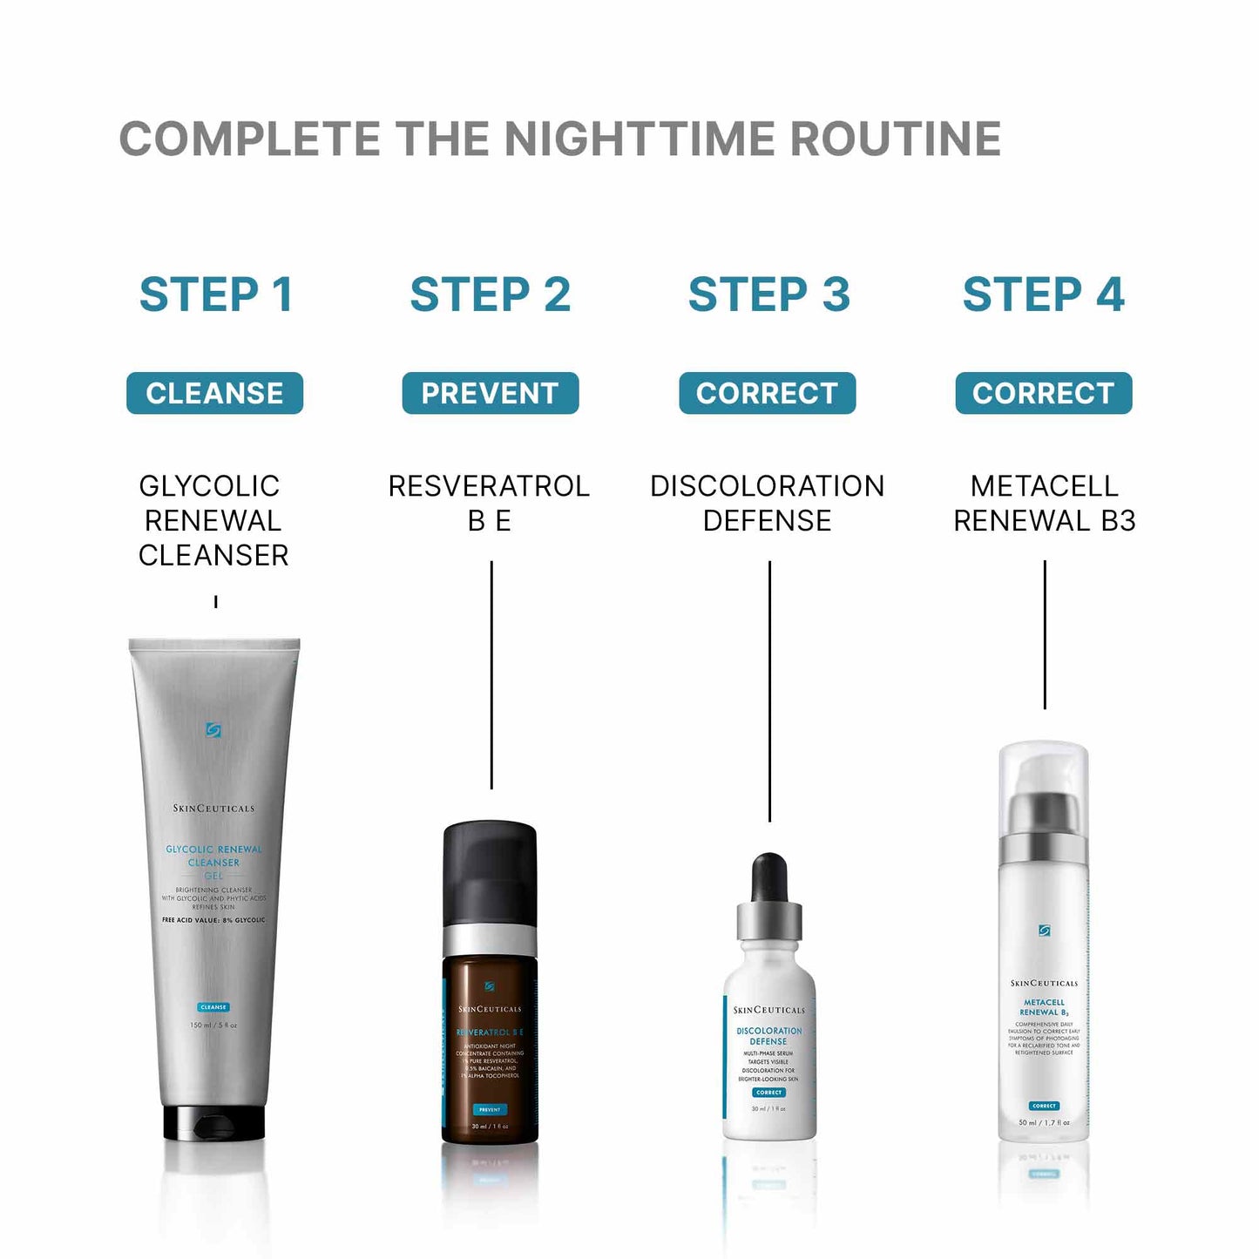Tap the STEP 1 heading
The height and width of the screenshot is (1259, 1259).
coord(215,294)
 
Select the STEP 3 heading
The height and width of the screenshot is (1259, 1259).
coord(768,294)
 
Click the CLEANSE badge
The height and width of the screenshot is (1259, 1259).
coord(214,393)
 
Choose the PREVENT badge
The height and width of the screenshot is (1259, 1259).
coord(490,393)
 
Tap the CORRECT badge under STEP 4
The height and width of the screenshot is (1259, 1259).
coord(1043,393)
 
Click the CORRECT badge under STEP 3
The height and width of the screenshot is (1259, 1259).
coord(767,393)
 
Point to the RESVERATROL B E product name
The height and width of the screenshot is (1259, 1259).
coord(489,503)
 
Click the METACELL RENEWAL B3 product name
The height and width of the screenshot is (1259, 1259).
coord(1044,503)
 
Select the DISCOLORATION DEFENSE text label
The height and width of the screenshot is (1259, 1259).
coord(767,503)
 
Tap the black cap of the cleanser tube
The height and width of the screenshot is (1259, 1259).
coord(213,1124)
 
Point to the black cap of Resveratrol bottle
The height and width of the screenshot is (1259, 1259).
coord(490,871)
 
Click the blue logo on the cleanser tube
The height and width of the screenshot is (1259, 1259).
coord(213,730)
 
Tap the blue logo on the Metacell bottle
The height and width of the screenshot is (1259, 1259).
coord(1044,931)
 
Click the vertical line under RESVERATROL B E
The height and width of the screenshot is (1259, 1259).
coord(491,675)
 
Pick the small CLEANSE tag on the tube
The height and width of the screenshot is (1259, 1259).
coord(213,1007)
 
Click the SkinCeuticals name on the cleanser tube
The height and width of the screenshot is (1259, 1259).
coord(213,809)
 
